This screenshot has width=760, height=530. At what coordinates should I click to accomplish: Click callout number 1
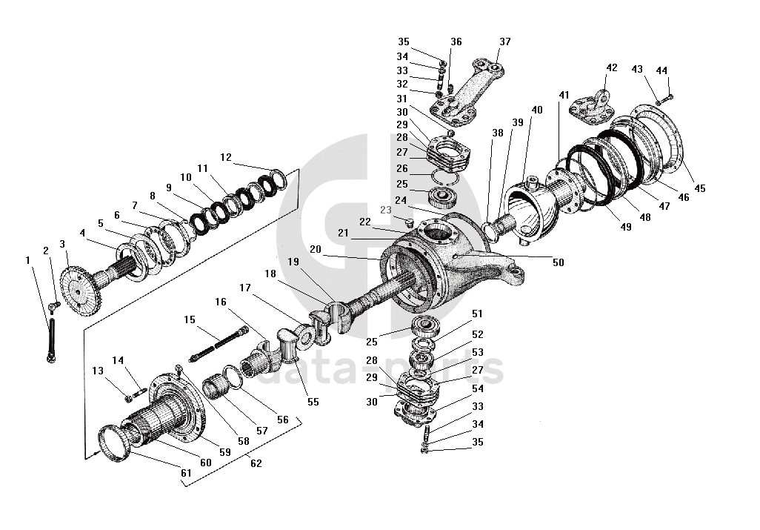[x=28, y=260]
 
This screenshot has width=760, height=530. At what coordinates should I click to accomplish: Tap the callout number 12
[x=226, y=157]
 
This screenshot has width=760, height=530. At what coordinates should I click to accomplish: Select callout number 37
[x=504, y=42]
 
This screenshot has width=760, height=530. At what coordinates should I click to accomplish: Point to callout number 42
[x=611, y=67]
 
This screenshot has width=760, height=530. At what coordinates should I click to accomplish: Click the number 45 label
[x=700, y=188]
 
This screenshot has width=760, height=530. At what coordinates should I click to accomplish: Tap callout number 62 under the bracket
[x=256, y=463]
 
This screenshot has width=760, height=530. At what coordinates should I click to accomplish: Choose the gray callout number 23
[x=385, y=211]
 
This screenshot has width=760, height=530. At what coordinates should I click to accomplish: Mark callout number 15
[x=190, y=319]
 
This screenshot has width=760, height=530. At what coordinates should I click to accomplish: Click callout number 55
[x=313, y=402]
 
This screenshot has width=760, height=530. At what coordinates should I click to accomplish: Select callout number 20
[x=316, y=250]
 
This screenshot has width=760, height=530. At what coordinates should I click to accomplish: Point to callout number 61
[x=185, y=472]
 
